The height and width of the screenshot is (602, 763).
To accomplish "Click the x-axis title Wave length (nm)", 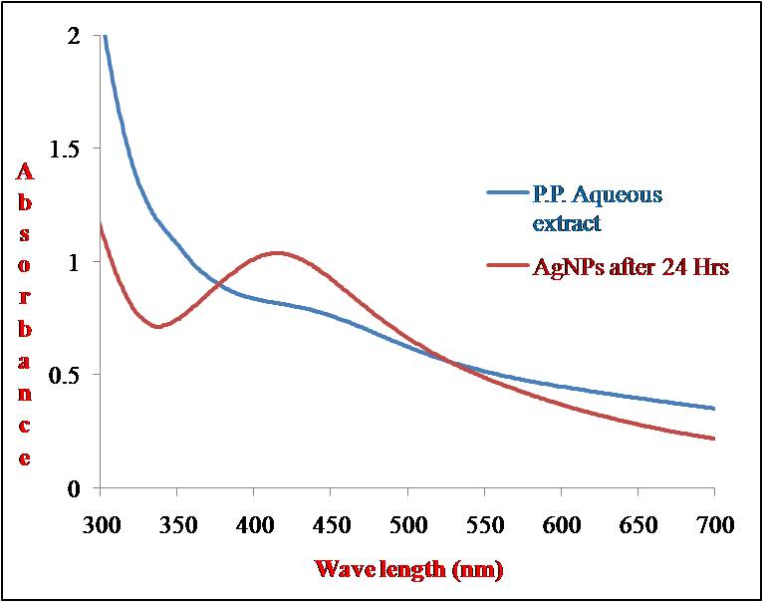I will coord(407,569).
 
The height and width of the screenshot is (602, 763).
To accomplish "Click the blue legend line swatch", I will coord(507,193).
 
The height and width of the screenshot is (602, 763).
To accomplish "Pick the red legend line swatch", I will coord(507,265).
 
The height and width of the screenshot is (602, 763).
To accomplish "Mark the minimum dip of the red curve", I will coord(157,326).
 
